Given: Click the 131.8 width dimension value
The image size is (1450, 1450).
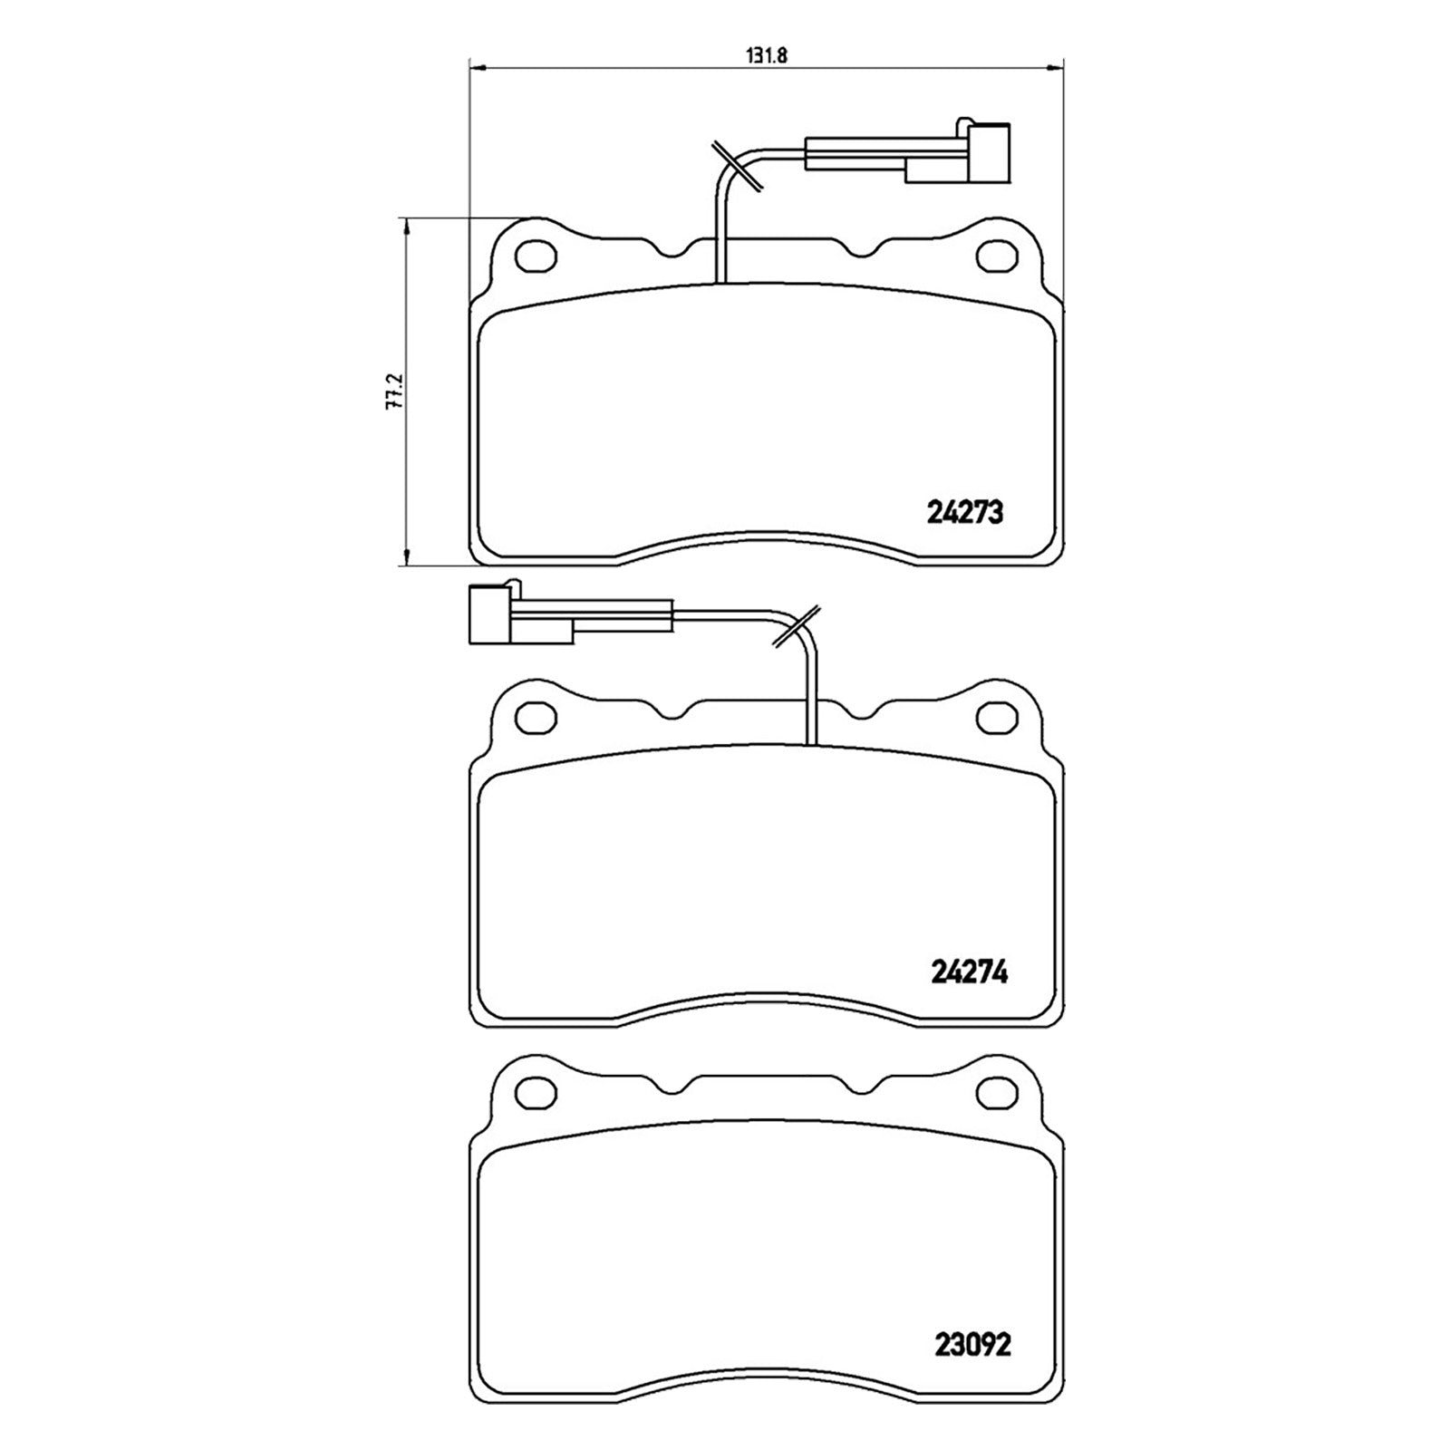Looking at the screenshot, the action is pos(766,54).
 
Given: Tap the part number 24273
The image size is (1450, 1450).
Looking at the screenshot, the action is pos(965,513).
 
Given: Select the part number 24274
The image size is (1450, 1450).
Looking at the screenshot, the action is pos(970,972).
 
